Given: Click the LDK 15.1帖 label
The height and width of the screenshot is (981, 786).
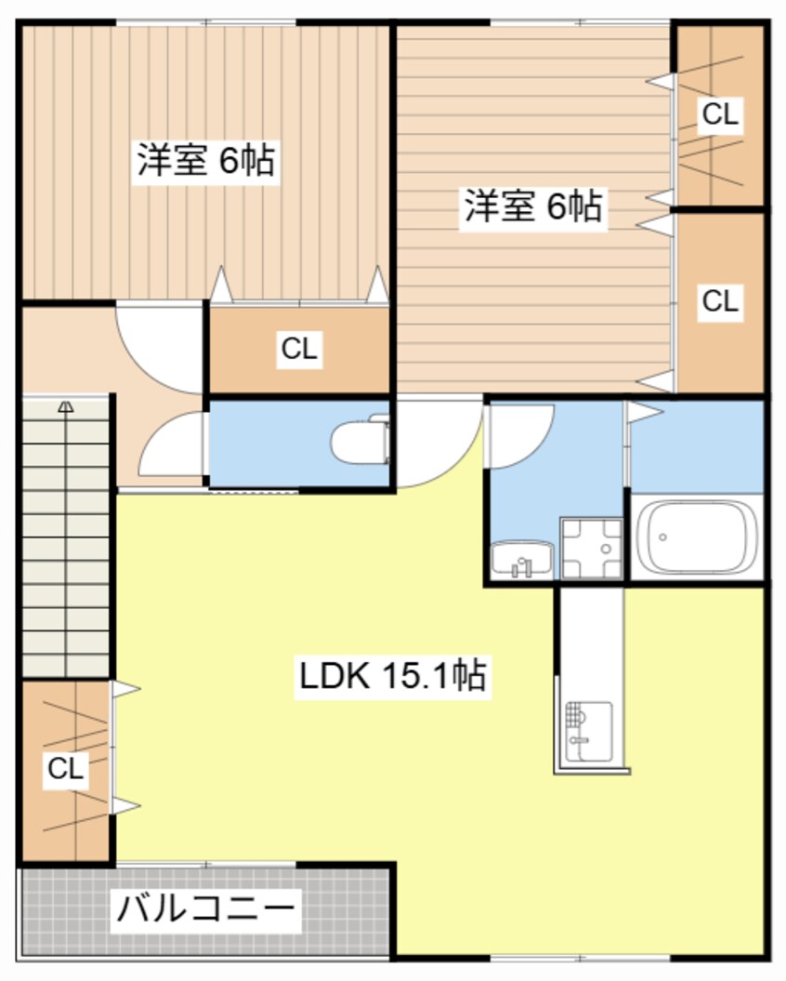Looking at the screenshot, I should (x=391, y=676).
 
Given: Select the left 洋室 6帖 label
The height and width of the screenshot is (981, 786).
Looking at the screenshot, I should (x=205, y=161).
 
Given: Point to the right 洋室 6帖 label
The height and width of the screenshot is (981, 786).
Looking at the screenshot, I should (x=533, y=205).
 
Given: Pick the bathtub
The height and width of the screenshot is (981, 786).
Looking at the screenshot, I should (x=697, y=537).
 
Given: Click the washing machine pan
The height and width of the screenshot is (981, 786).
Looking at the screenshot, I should (x=591, y=549).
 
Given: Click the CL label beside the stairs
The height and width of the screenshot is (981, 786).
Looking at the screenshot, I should (x=65, y=769).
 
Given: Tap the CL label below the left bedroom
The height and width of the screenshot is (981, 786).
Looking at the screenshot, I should (x=299, y=350).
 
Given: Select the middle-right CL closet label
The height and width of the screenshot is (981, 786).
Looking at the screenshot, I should (x=719, y=301).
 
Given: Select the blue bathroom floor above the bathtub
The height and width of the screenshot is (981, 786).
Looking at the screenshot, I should (x=697, y=444).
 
